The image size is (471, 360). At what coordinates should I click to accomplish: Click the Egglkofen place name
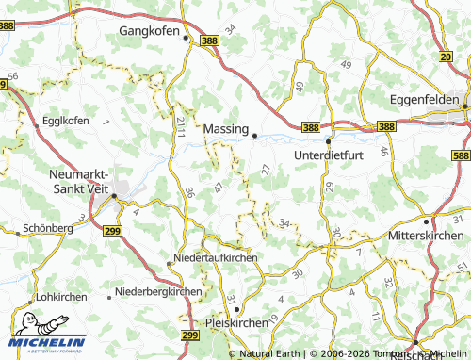tap(65, 122)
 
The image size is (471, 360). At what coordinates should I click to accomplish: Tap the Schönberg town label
tap(47, 228)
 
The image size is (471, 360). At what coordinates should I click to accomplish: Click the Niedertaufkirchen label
tap(217, 259)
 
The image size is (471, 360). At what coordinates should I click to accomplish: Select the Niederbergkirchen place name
tap(157, 291)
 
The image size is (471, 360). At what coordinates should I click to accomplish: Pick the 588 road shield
tap(461, 155)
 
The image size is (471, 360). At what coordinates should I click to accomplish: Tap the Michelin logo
tap(47, 343)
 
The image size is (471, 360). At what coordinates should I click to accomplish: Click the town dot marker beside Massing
tap(254, 136)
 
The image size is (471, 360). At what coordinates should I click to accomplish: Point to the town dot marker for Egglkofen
tap(37, 123)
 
